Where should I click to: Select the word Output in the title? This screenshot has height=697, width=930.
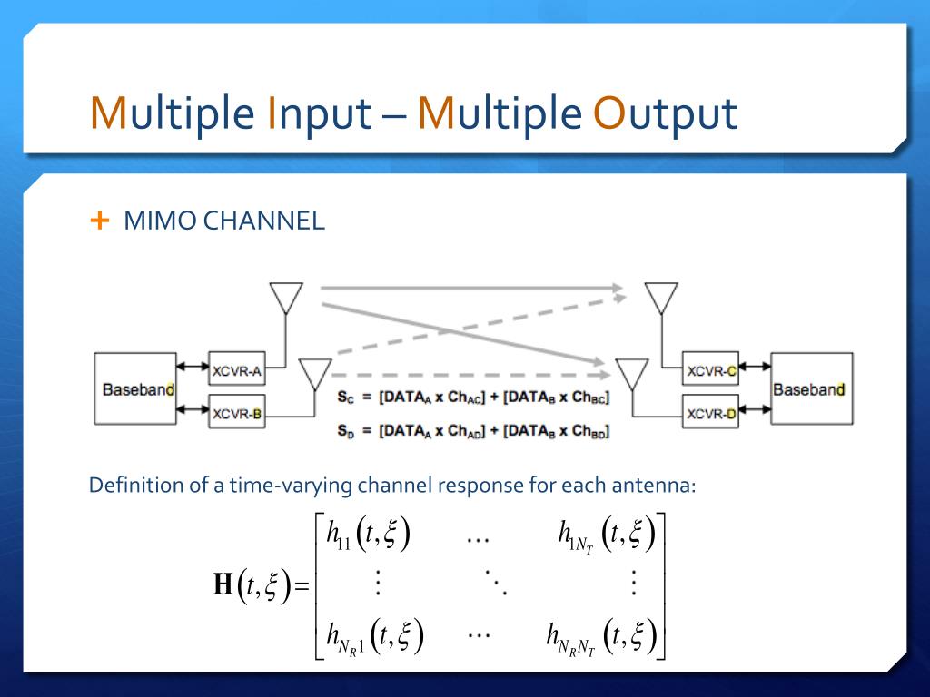click(x=664, y=115)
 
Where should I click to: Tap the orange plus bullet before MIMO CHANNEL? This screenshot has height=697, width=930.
click(x=100, y=221)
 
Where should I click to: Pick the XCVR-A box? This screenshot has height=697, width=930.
click(x=237, y=369)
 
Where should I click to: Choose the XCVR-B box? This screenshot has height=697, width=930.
click(x=237, y=414)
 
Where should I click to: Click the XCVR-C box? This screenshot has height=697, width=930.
click(x=711, y=369)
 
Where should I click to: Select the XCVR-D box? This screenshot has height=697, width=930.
click(x=711, y=414)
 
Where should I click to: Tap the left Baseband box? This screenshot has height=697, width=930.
click(x=135, y=388)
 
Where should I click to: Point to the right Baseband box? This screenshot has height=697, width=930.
click(x=808, y=388)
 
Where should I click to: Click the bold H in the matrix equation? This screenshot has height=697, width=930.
click(x=223, y=585)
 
